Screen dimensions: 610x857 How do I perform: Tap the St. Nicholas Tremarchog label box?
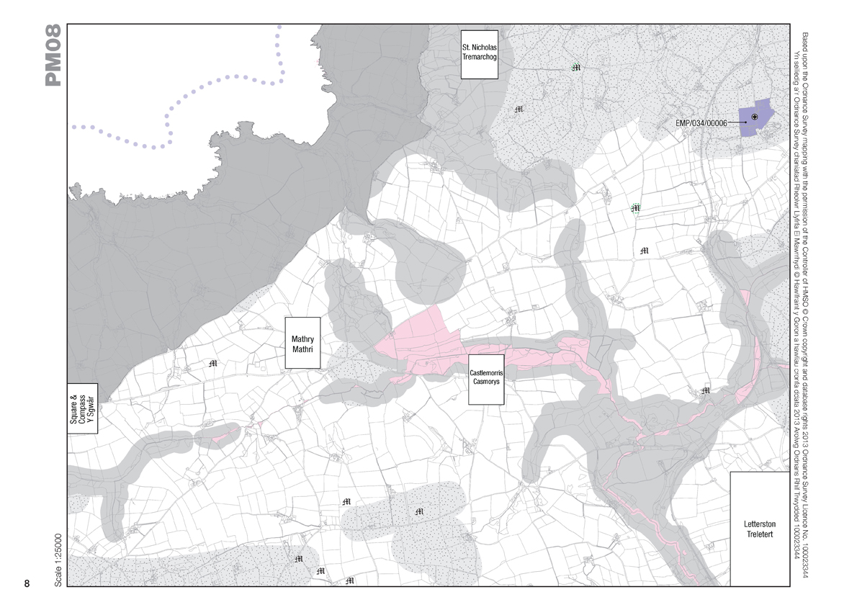[x=480, y=54]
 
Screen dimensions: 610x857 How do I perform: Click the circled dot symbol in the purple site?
[x=754, y=117]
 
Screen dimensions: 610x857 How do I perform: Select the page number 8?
[x=27, y=583]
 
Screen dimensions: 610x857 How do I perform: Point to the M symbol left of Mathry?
[x=212, y=363]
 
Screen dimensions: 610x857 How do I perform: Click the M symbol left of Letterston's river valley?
[x=706, y=390]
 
